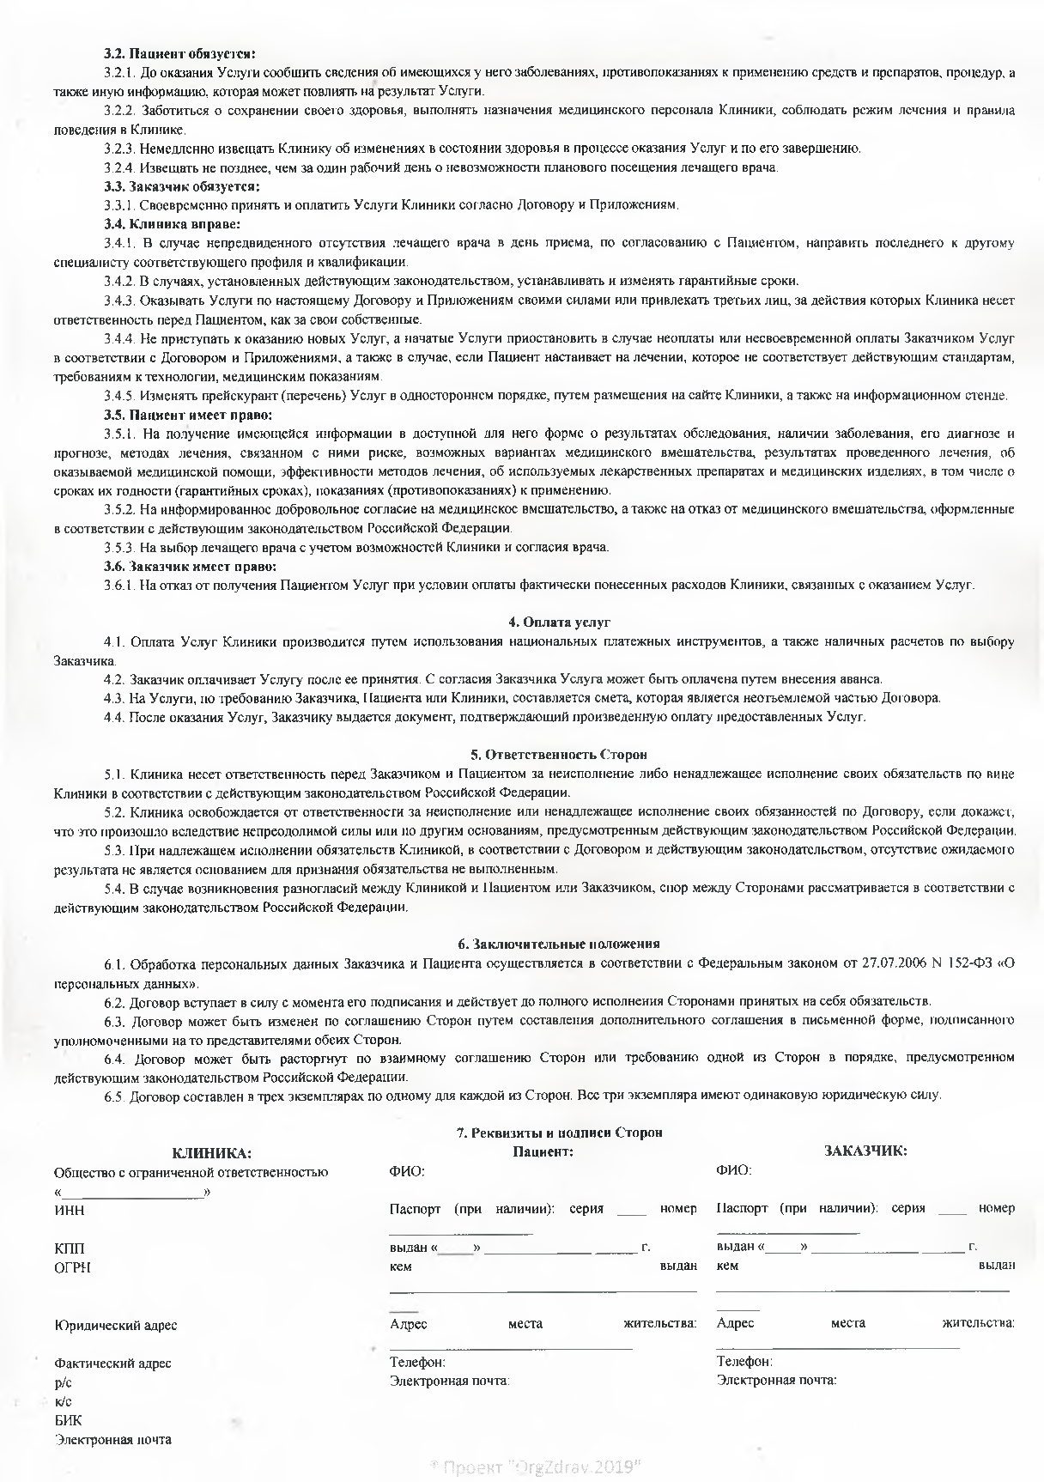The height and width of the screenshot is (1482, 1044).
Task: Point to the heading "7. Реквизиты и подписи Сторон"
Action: [x=559, y=1133]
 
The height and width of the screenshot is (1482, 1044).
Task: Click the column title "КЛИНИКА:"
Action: [x=212, y=1152]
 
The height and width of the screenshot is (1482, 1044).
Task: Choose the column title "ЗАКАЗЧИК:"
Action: [x=865, y=1151]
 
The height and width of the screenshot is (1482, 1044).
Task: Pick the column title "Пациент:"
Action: [x=543, y=1151]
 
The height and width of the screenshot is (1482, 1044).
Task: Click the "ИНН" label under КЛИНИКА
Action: [x=69, y=1211]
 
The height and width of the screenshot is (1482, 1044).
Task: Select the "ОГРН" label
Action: [x=72, y=1267]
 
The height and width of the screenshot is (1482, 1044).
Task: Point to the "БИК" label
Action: [x=69, y=1420]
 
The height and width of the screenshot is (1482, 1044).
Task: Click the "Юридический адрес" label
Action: [x=115, y=1325]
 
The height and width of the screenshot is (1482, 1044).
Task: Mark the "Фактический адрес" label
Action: [x=112, y=1364]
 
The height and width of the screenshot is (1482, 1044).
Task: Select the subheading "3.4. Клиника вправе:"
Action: [x=172, y=224]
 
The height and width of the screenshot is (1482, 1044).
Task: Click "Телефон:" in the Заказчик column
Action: [x=744, y=1362]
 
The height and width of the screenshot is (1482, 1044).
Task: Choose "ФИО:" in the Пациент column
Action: [x=407, y=1171]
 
